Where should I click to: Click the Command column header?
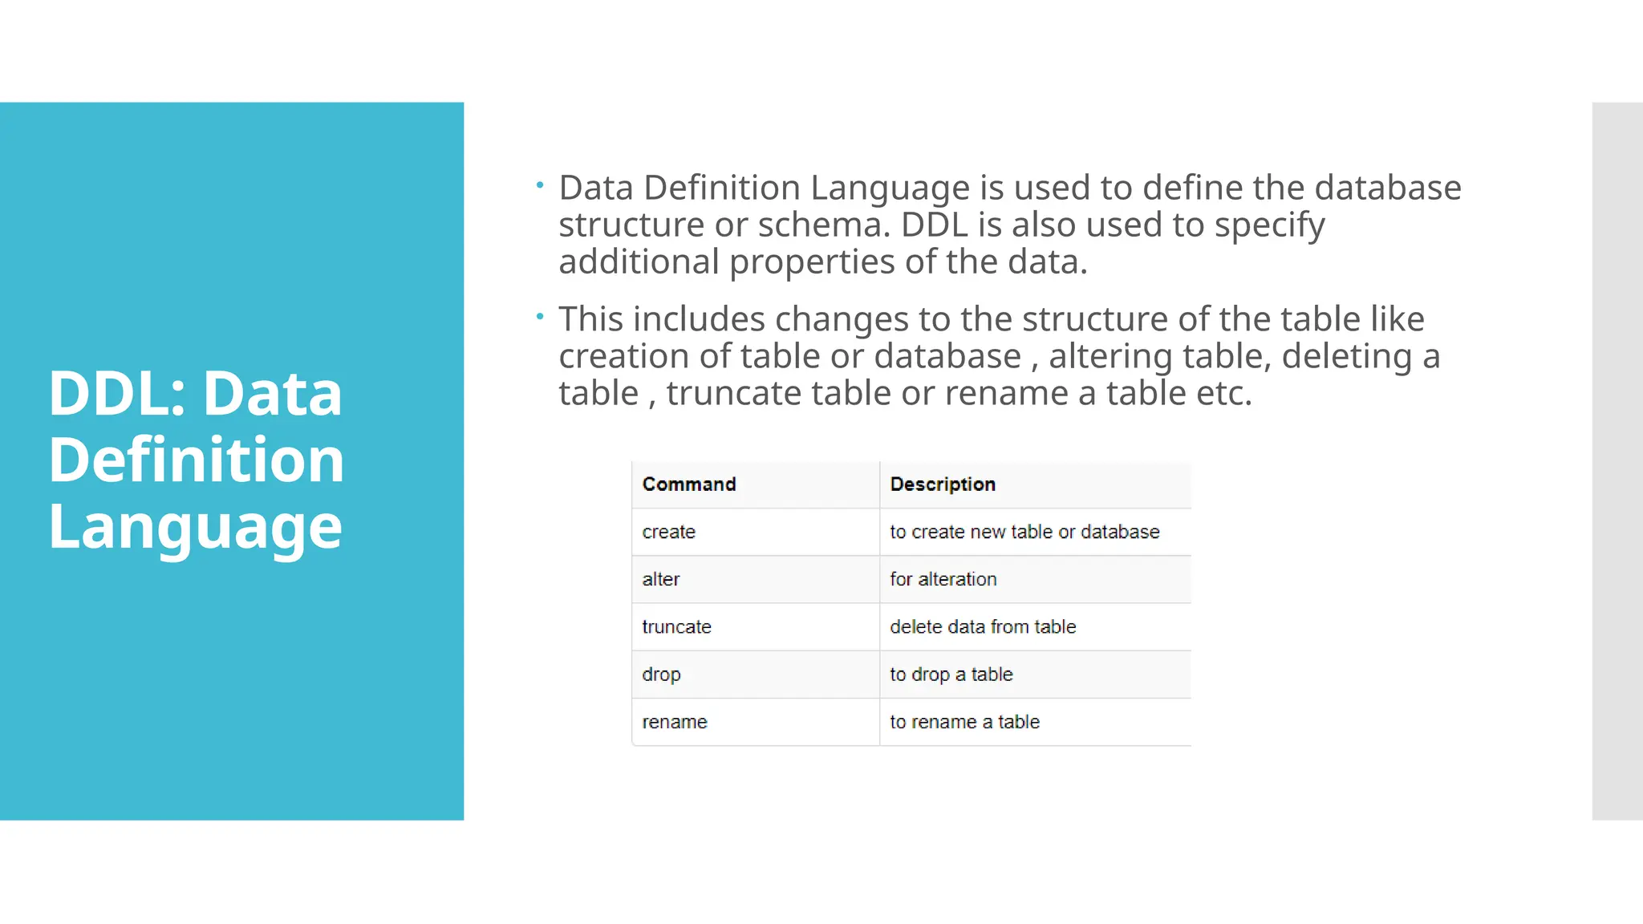click(x=689, y=484)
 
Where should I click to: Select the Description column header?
click(x=943, y=484)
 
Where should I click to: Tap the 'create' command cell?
click(x=669, y=532)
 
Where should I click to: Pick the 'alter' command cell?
click(x=661, y=579)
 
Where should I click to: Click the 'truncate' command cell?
click(x=676, y=626)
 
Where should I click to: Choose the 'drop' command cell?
click(x=661, y=675)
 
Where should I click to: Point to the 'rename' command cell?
click(x=675, y=722)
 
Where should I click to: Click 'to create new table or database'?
click(x=1024, y=532)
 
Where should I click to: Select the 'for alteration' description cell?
click(x=943, y=579)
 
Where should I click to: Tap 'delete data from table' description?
click(x=983, y=626)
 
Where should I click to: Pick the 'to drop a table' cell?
click(x=951, y=675)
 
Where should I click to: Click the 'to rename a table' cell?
click(x=964, y=722)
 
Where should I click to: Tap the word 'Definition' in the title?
click(x=197, y=460)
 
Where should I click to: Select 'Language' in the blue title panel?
click(x=196, y=527)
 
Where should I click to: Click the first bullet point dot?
click(x=540, y=185)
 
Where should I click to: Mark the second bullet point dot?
click(x=540, y=317)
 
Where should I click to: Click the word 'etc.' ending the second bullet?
click(x=1224, y=394)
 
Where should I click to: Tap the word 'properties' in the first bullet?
click(x=812, y=262)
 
